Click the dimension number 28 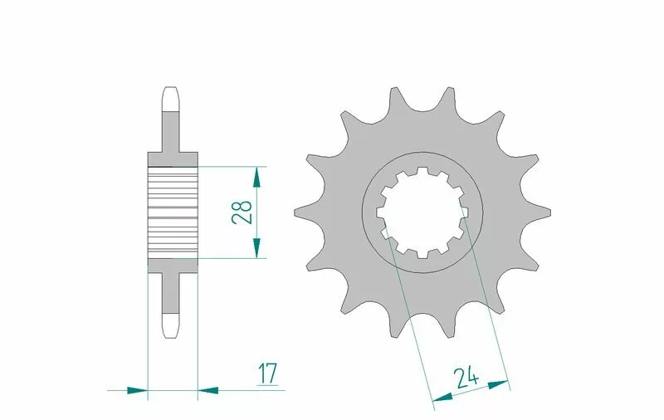point(242,212)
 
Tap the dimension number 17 point(268,374)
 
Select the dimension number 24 point(466,378)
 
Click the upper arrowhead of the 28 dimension point(256,177)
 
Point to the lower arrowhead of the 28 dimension point(256,248)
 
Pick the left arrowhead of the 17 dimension point(137,390)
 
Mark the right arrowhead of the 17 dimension point(208,390)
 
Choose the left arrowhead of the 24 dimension point(442,397)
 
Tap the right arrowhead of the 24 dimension point(498,384)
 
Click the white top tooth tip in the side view point(171,99)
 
